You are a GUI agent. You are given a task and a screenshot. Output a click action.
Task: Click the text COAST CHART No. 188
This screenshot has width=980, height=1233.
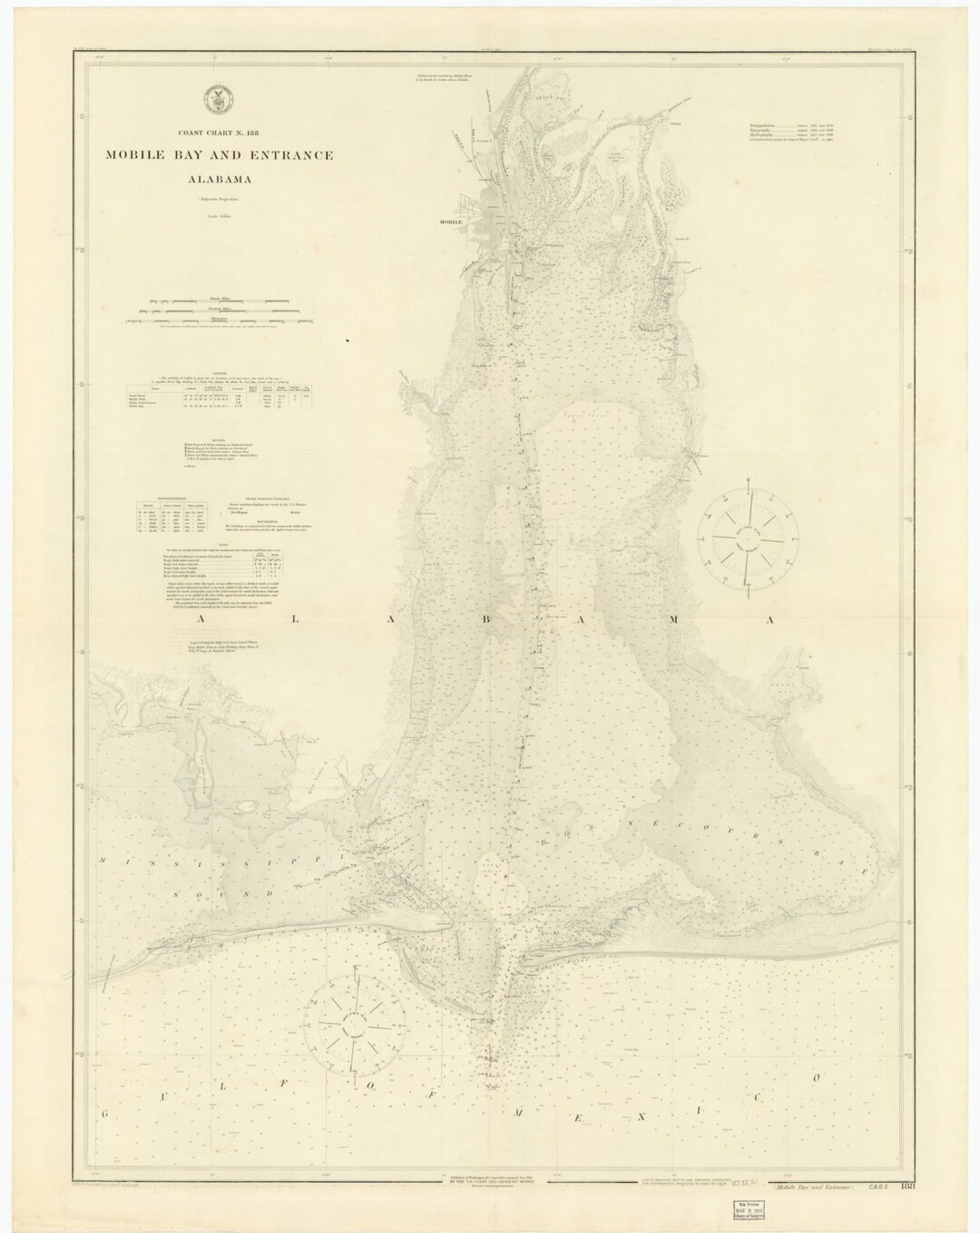[220, 134]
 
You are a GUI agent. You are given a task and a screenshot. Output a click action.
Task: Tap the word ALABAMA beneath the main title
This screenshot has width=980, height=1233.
[220, 178]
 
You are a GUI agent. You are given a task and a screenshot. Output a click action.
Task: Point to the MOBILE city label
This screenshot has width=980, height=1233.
[451, 222]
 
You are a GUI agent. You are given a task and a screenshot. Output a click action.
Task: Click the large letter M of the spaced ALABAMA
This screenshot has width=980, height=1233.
[676, 618]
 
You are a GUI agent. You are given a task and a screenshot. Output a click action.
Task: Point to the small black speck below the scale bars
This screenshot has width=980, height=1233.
[348, 341]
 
